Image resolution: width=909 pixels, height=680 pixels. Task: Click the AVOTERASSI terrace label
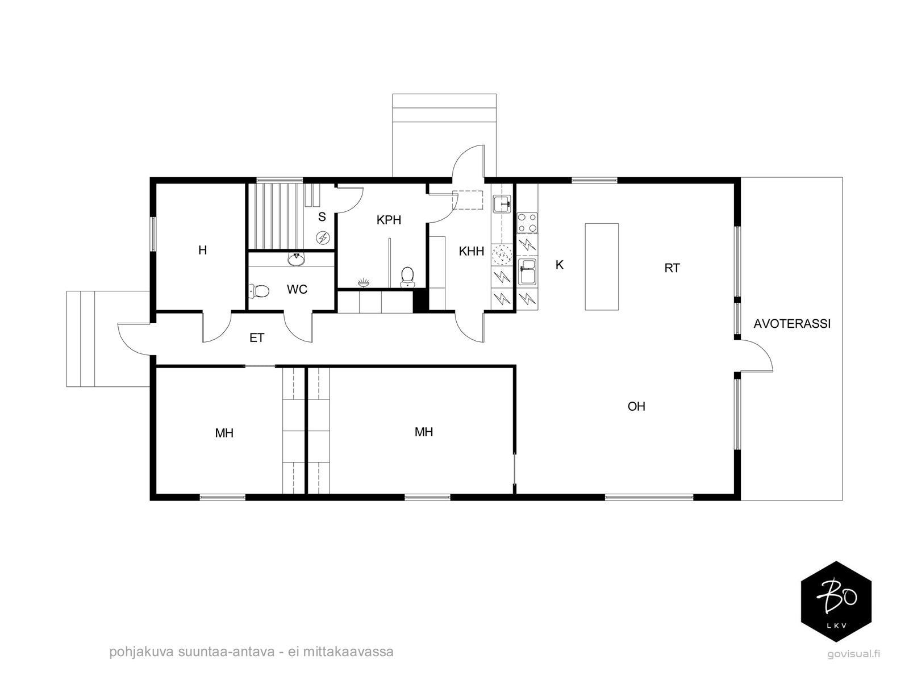point(792,324)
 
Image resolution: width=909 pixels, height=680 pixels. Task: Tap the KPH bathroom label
point(389,220)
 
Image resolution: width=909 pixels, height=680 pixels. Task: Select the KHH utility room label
point(472,251)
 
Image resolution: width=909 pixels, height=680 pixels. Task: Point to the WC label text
point(297,290)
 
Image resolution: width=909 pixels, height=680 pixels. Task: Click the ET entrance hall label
point(257,338)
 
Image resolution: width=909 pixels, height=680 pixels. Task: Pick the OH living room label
point(636,406)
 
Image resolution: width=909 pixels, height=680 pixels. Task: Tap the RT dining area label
point(672,268)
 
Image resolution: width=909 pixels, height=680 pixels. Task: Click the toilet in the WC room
point(259,291)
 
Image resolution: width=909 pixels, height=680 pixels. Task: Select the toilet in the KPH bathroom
point(407,277)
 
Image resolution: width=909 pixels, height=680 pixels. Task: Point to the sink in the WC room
point(296,259)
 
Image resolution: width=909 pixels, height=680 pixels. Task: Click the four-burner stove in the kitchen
point(527,222)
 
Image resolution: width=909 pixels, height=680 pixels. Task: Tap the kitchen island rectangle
point(601,266)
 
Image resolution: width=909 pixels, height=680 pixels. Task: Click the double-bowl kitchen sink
point(527,272)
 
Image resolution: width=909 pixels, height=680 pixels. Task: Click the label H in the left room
point(202,250)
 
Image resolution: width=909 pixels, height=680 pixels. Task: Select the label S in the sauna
point(322,216)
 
